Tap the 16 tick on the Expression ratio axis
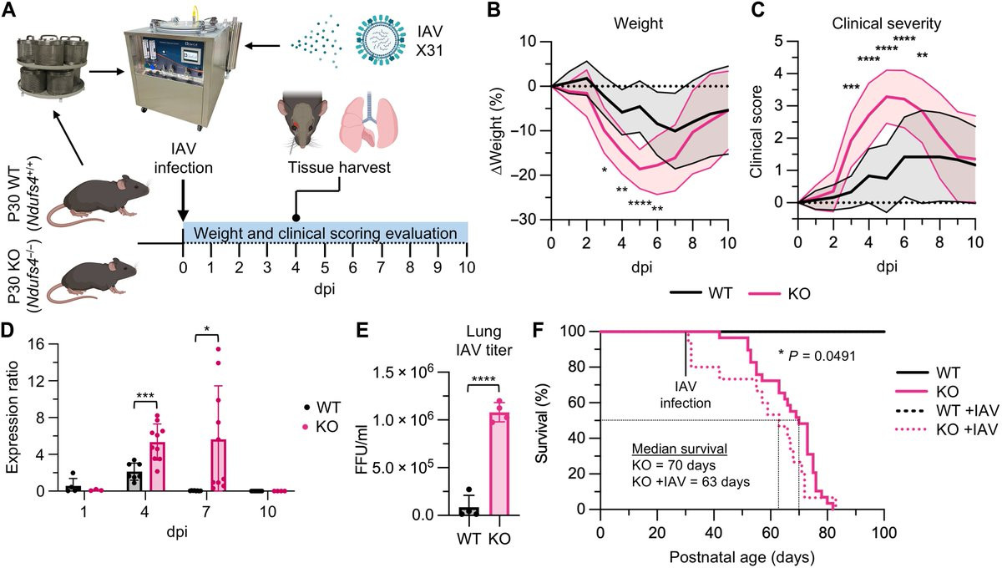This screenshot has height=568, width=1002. pos(45,342)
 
